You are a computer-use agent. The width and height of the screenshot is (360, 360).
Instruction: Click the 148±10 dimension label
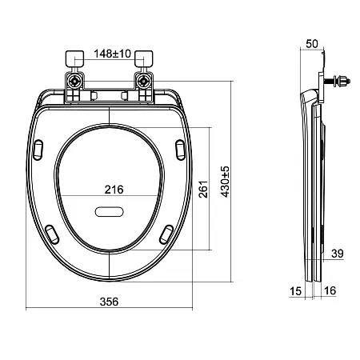click(x=112, y=54)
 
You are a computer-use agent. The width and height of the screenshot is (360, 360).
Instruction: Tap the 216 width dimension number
click(x=114, y=190)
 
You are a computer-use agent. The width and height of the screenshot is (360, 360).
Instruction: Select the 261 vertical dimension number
click(x=203, y=189)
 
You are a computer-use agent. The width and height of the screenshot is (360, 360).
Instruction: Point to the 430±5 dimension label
click(x=225, y=182)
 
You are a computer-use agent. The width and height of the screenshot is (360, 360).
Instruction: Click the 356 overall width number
click(x=109, y=302)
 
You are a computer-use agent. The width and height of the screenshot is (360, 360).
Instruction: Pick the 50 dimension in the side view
click(x=312, y=44)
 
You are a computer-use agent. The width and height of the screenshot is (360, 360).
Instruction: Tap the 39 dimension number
click(x=338, y=254)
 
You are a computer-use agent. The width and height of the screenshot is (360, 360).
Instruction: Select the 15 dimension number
click(x=295, y=291)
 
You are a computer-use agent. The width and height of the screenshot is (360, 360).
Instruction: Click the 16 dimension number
click(x=330, y=290)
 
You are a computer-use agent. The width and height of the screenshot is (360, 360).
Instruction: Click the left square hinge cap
click(x=74, y=59)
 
